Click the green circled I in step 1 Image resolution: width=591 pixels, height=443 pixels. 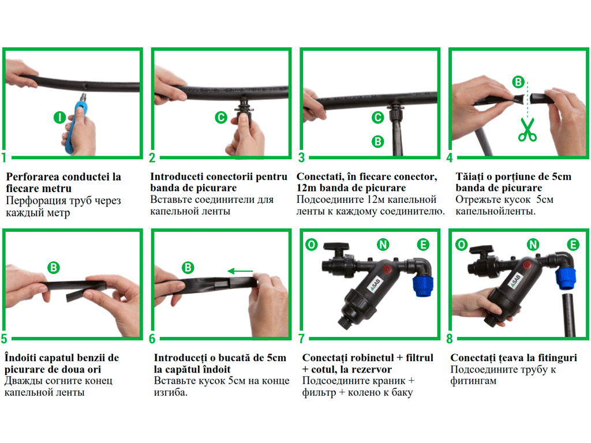point(59,118)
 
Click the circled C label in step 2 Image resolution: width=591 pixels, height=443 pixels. point(221,118)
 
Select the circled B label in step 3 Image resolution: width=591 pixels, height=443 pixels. point(377,142)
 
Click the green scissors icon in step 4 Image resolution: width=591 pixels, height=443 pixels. point(528,130)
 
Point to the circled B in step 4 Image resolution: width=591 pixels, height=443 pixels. point(518,82)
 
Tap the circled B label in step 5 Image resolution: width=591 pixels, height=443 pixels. point(54,268)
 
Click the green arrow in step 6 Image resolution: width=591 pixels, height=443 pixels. point(241,271)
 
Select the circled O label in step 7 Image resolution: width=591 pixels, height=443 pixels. point(311,245)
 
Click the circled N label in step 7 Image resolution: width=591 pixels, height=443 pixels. point(383,245)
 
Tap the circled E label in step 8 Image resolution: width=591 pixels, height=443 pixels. point(573,245)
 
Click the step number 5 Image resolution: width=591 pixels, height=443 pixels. point(4,339)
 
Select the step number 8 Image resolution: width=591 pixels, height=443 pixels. point(449,339)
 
